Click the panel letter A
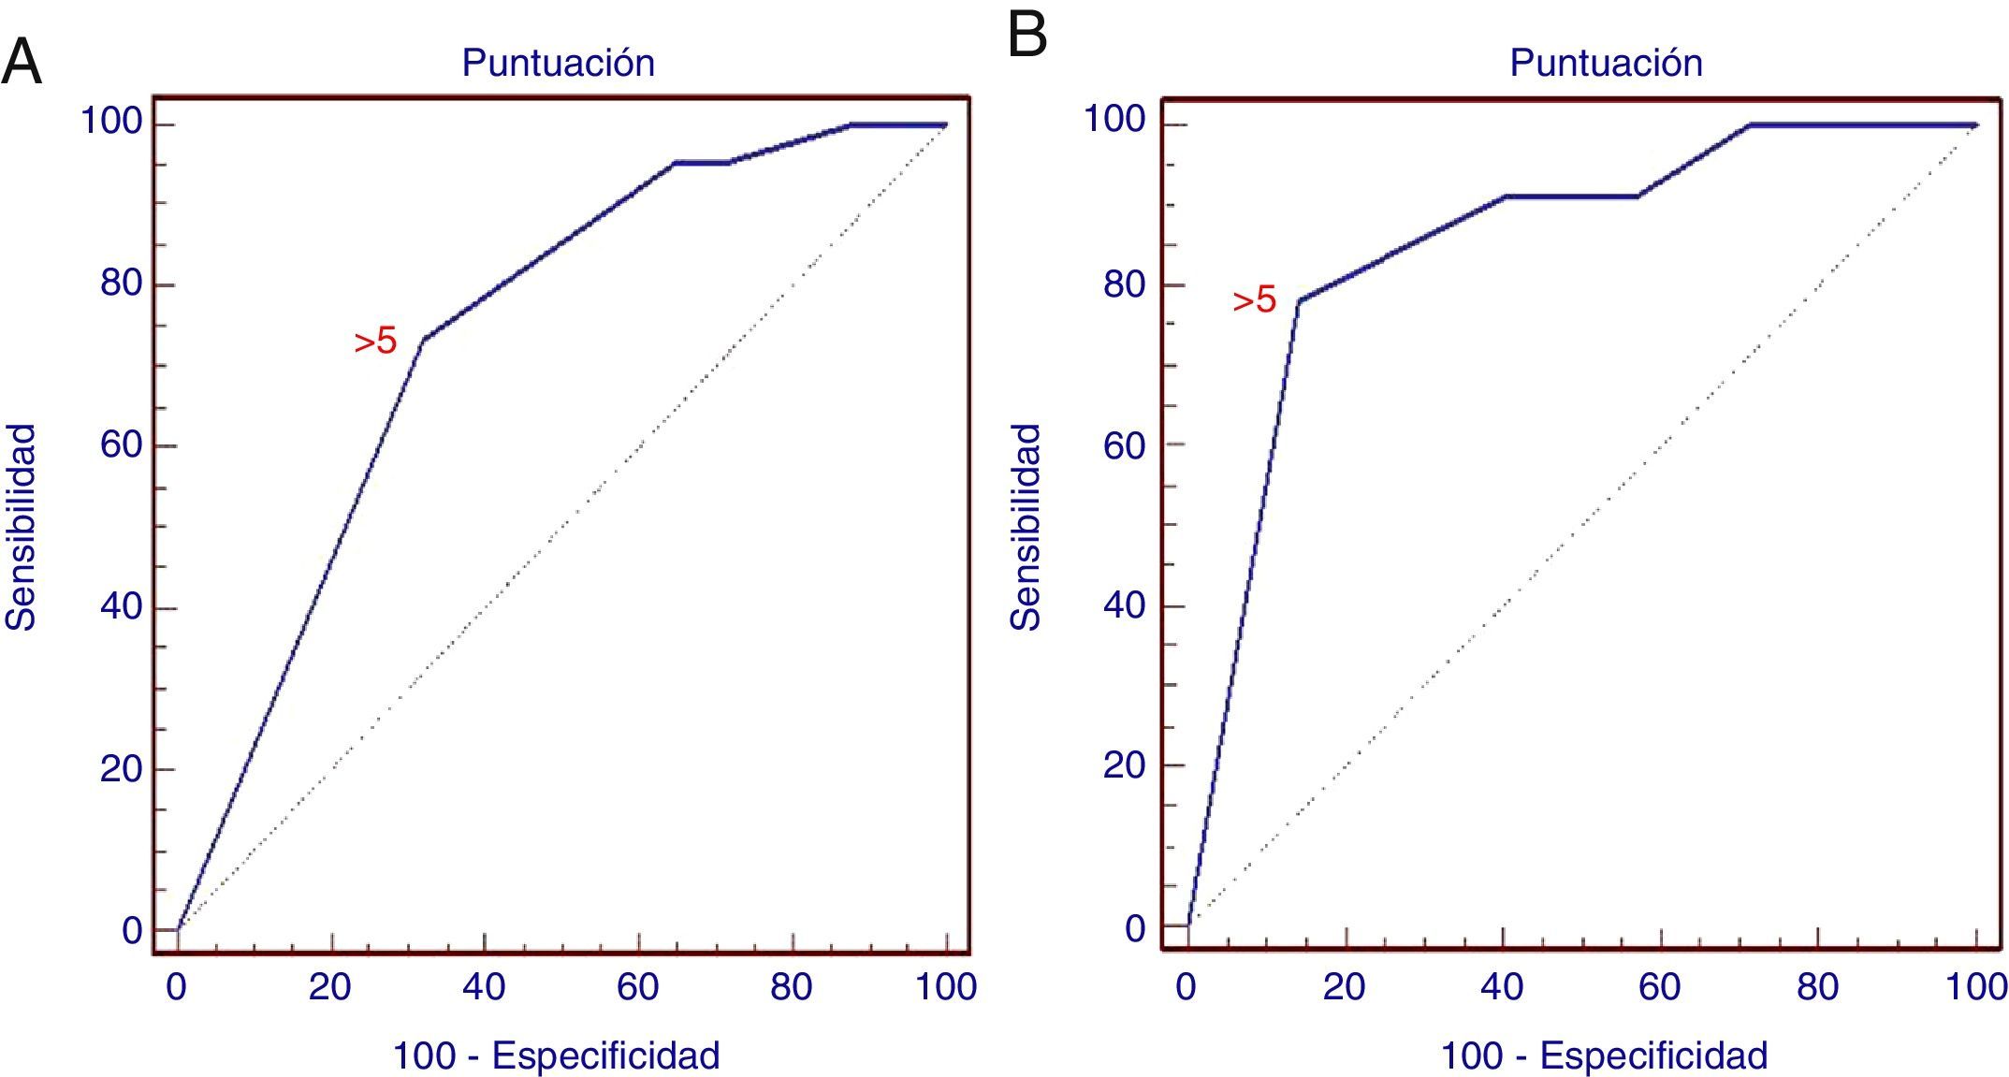[x=22, y=65]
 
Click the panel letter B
[x=1027, y=36]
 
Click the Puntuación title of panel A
[x=559, y=63]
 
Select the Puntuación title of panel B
[x=1606, y=63]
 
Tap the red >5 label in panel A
[x=375, y=342]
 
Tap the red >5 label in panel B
[x=1254, y=300]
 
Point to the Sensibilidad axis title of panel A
[x=22, y=527]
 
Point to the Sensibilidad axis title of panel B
[x=1026, y=527]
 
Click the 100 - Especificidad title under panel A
[x=556, y=1055]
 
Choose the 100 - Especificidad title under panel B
[x=1604, y=1055]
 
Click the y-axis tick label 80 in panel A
[x=122, y=283]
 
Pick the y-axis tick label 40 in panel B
[x=1125, y=604]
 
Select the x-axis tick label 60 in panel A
[x=637, y=986]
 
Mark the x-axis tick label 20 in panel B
[x=1344, y=986]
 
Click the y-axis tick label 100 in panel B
[x=1114, y=120]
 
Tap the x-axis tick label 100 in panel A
[x=946, y=986]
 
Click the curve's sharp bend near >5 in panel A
[x=423, y=339]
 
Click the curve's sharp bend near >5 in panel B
[x=1298, y=301]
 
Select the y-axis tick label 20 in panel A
[x=122, y=769]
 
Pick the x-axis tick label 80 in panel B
[x=1817, y=986]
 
